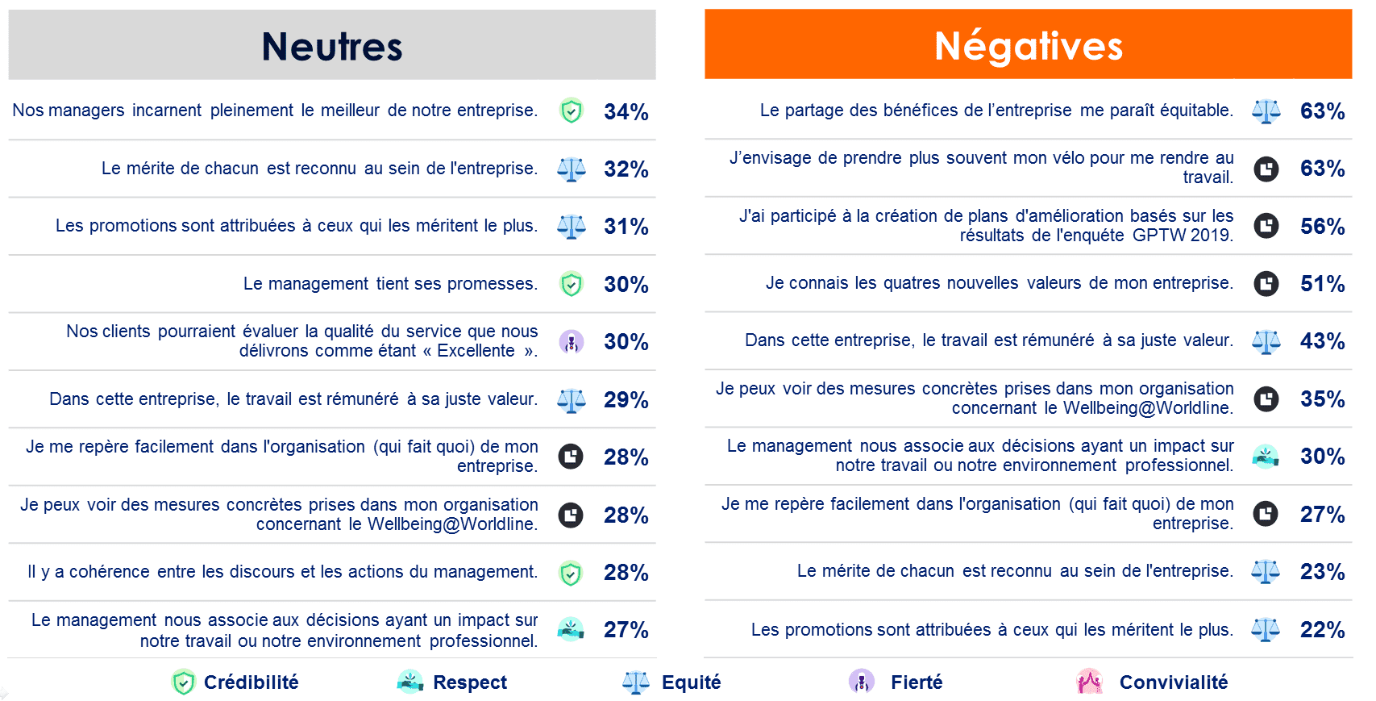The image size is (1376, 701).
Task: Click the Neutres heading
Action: [x=332, y=47]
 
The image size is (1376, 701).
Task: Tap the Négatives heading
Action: [x=1029, y=47]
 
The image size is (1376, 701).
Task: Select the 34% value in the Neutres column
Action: [x=626, y=111]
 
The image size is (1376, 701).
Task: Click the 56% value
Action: [x=1322, y=227]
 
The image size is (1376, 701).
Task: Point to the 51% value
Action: [x=1322, y=283]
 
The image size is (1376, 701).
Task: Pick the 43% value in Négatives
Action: [x=1322, y=340]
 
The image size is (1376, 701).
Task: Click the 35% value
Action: [x=1322, y=398]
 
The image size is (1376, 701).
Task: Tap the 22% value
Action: [x=1322, y=629]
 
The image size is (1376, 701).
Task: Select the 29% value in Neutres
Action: [x=626, y=399]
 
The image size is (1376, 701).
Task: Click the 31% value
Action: [x=626, y=227]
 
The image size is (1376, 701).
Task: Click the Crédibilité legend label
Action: [x=251, y=682]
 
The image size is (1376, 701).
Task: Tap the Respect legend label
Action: [x=470, y=682]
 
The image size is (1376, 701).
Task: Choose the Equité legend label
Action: [x=691, y=682]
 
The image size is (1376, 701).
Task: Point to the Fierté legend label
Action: [x=917, y=682]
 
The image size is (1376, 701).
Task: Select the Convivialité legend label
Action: [x=1174, y=682]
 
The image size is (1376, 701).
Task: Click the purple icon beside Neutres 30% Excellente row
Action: [x=572, y=341]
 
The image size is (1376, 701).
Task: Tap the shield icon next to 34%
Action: [x=572, y=111]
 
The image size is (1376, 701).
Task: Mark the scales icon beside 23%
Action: [x=1266, y=572]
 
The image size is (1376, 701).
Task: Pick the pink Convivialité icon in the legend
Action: [x=1089, y=682]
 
